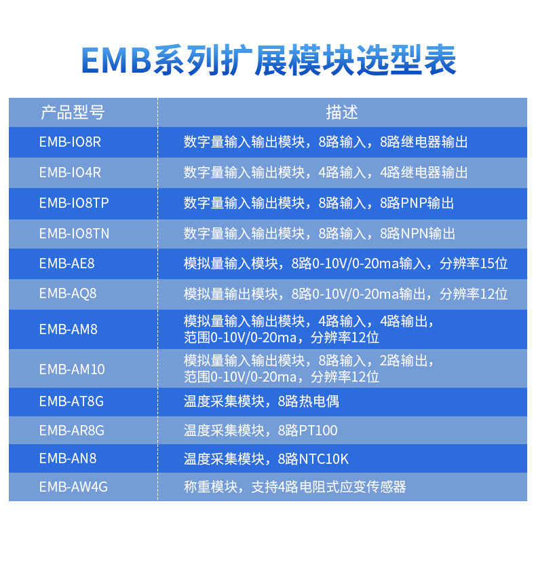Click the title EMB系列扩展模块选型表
269,60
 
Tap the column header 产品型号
73,112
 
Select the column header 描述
342,112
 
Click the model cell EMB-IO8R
70,142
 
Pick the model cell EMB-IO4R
70,172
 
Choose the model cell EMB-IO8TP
74,203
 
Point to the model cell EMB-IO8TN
74,234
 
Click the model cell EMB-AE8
66,264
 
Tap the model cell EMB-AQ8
68,293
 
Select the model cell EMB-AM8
68,329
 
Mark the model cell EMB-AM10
72,369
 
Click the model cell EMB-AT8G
71,401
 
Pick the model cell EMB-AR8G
72,430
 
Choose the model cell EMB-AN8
68,458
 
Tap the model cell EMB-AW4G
73,487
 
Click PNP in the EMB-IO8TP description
413,203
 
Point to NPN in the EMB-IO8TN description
414,234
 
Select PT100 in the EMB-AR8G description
318,431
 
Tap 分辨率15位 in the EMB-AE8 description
474,264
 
